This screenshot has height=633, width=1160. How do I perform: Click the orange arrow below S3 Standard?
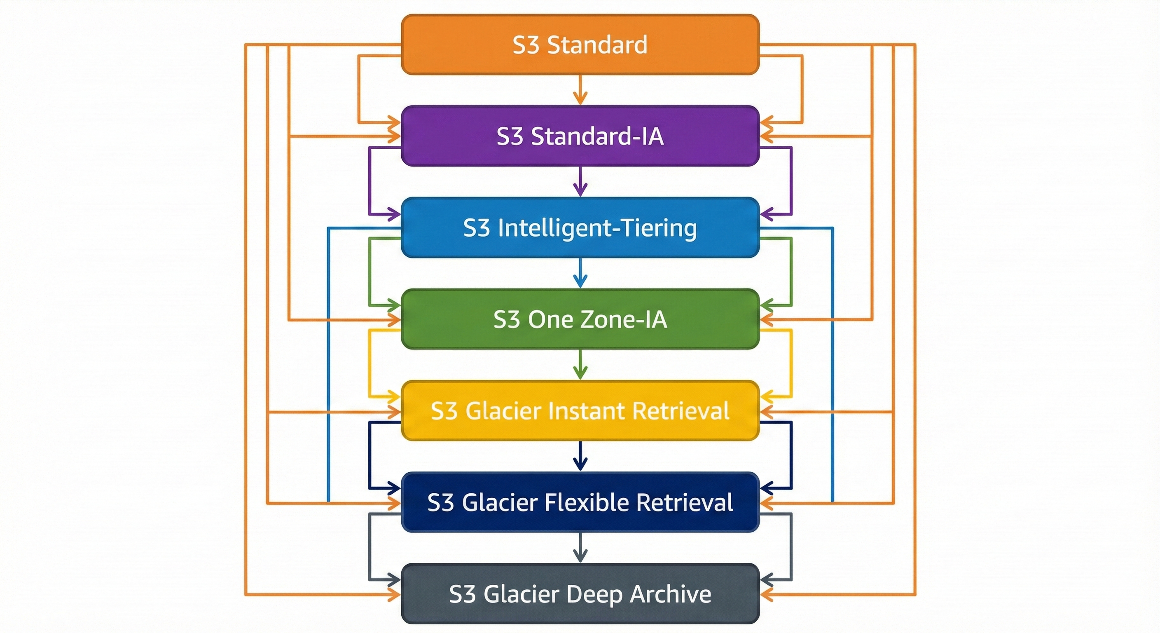pos(580,90)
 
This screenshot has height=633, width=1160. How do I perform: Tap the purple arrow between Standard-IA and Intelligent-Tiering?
pos(580,182)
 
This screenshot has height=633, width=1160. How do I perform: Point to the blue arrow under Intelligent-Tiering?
pos(580,274)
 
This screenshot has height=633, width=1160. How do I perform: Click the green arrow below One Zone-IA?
pos(580,365)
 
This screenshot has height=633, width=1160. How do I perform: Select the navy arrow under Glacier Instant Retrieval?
pos(580,456)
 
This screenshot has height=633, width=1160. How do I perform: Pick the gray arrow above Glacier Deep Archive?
pos(580,548)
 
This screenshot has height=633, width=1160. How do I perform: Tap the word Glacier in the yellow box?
pos(503,411)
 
